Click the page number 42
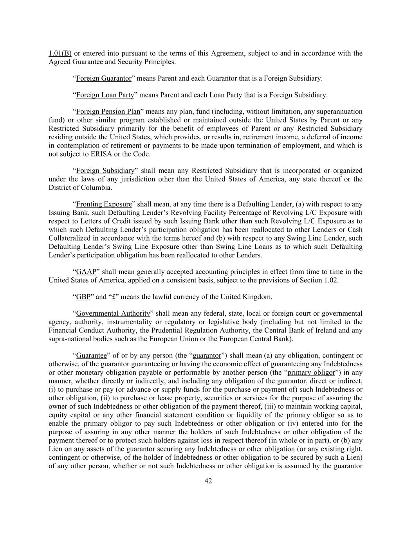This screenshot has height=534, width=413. (x=208, y=481)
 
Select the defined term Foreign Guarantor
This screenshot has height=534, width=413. (x=104, y=78)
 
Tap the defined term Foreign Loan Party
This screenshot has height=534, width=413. (x=105, y=95)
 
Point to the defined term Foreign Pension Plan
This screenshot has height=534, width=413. (x=108, y=111)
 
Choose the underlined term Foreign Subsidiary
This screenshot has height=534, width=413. (x=105, y=171)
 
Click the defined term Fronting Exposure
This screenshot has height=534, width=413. (x=104, y=204)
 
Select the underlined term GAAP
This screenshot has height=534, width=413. (x=86, y=271)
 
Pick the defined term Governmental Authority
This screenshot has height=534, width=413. (x=113, y=313)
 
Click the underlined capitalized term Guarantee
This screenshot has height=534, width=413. (x=91, y=356)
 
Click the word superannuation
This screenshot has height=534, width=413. (x=339, y=111)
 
